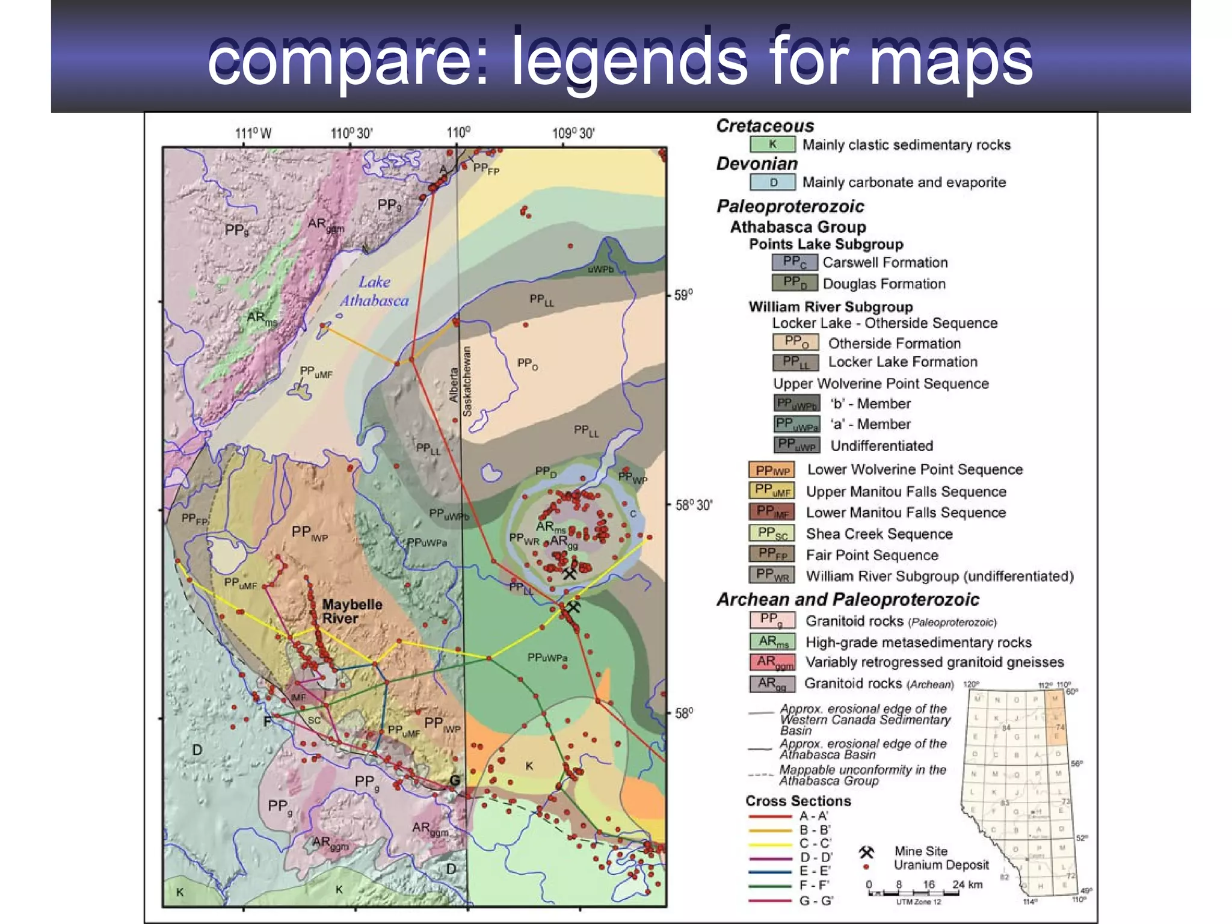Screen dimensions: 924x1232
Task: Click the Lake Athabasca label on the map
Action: point(374,291)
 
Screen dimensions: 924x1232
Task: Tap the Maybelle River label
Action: point(351,611)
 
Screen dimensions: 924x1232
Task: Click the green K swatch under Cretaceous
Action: point(773,144)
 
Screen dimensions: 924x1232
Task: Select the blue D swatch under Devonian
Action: point(773,182)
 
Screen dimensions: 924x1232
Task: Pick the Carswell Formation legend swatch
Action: point(795,262)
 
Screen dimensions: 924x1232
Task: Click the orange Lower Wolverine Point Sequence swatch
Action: point(772,470)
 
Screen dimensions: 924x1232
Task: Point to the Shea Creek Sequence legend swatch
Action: point(772,534)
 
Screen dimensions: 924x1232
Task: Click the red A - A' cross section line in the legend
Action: point(770,817)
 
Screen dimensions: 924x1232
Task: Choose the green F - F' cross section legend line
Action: point(770,886)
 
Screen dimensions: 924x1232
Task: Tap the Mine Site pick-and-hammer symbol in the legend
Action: point(866,852)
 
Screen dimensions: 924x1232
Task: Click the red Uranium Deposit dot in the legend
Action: point(866,867)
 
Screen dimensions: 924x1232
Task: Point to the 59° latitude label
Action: point(683,295)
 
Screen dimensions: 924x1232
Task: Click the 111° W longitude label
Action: point(253,134)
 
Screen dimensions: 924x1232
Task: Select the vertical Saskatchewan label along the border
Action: point(467,381)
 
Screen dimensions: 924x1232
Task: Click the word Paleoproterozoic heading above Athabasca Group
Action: point(790,206)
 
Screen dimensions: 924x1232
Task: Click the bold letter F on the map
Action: point(268,721)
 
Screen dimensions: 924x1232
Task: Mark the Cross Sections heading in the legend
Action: point(798,801)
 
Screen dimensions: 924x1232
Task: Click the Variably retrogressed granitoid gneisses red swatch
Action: point(772,662)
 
